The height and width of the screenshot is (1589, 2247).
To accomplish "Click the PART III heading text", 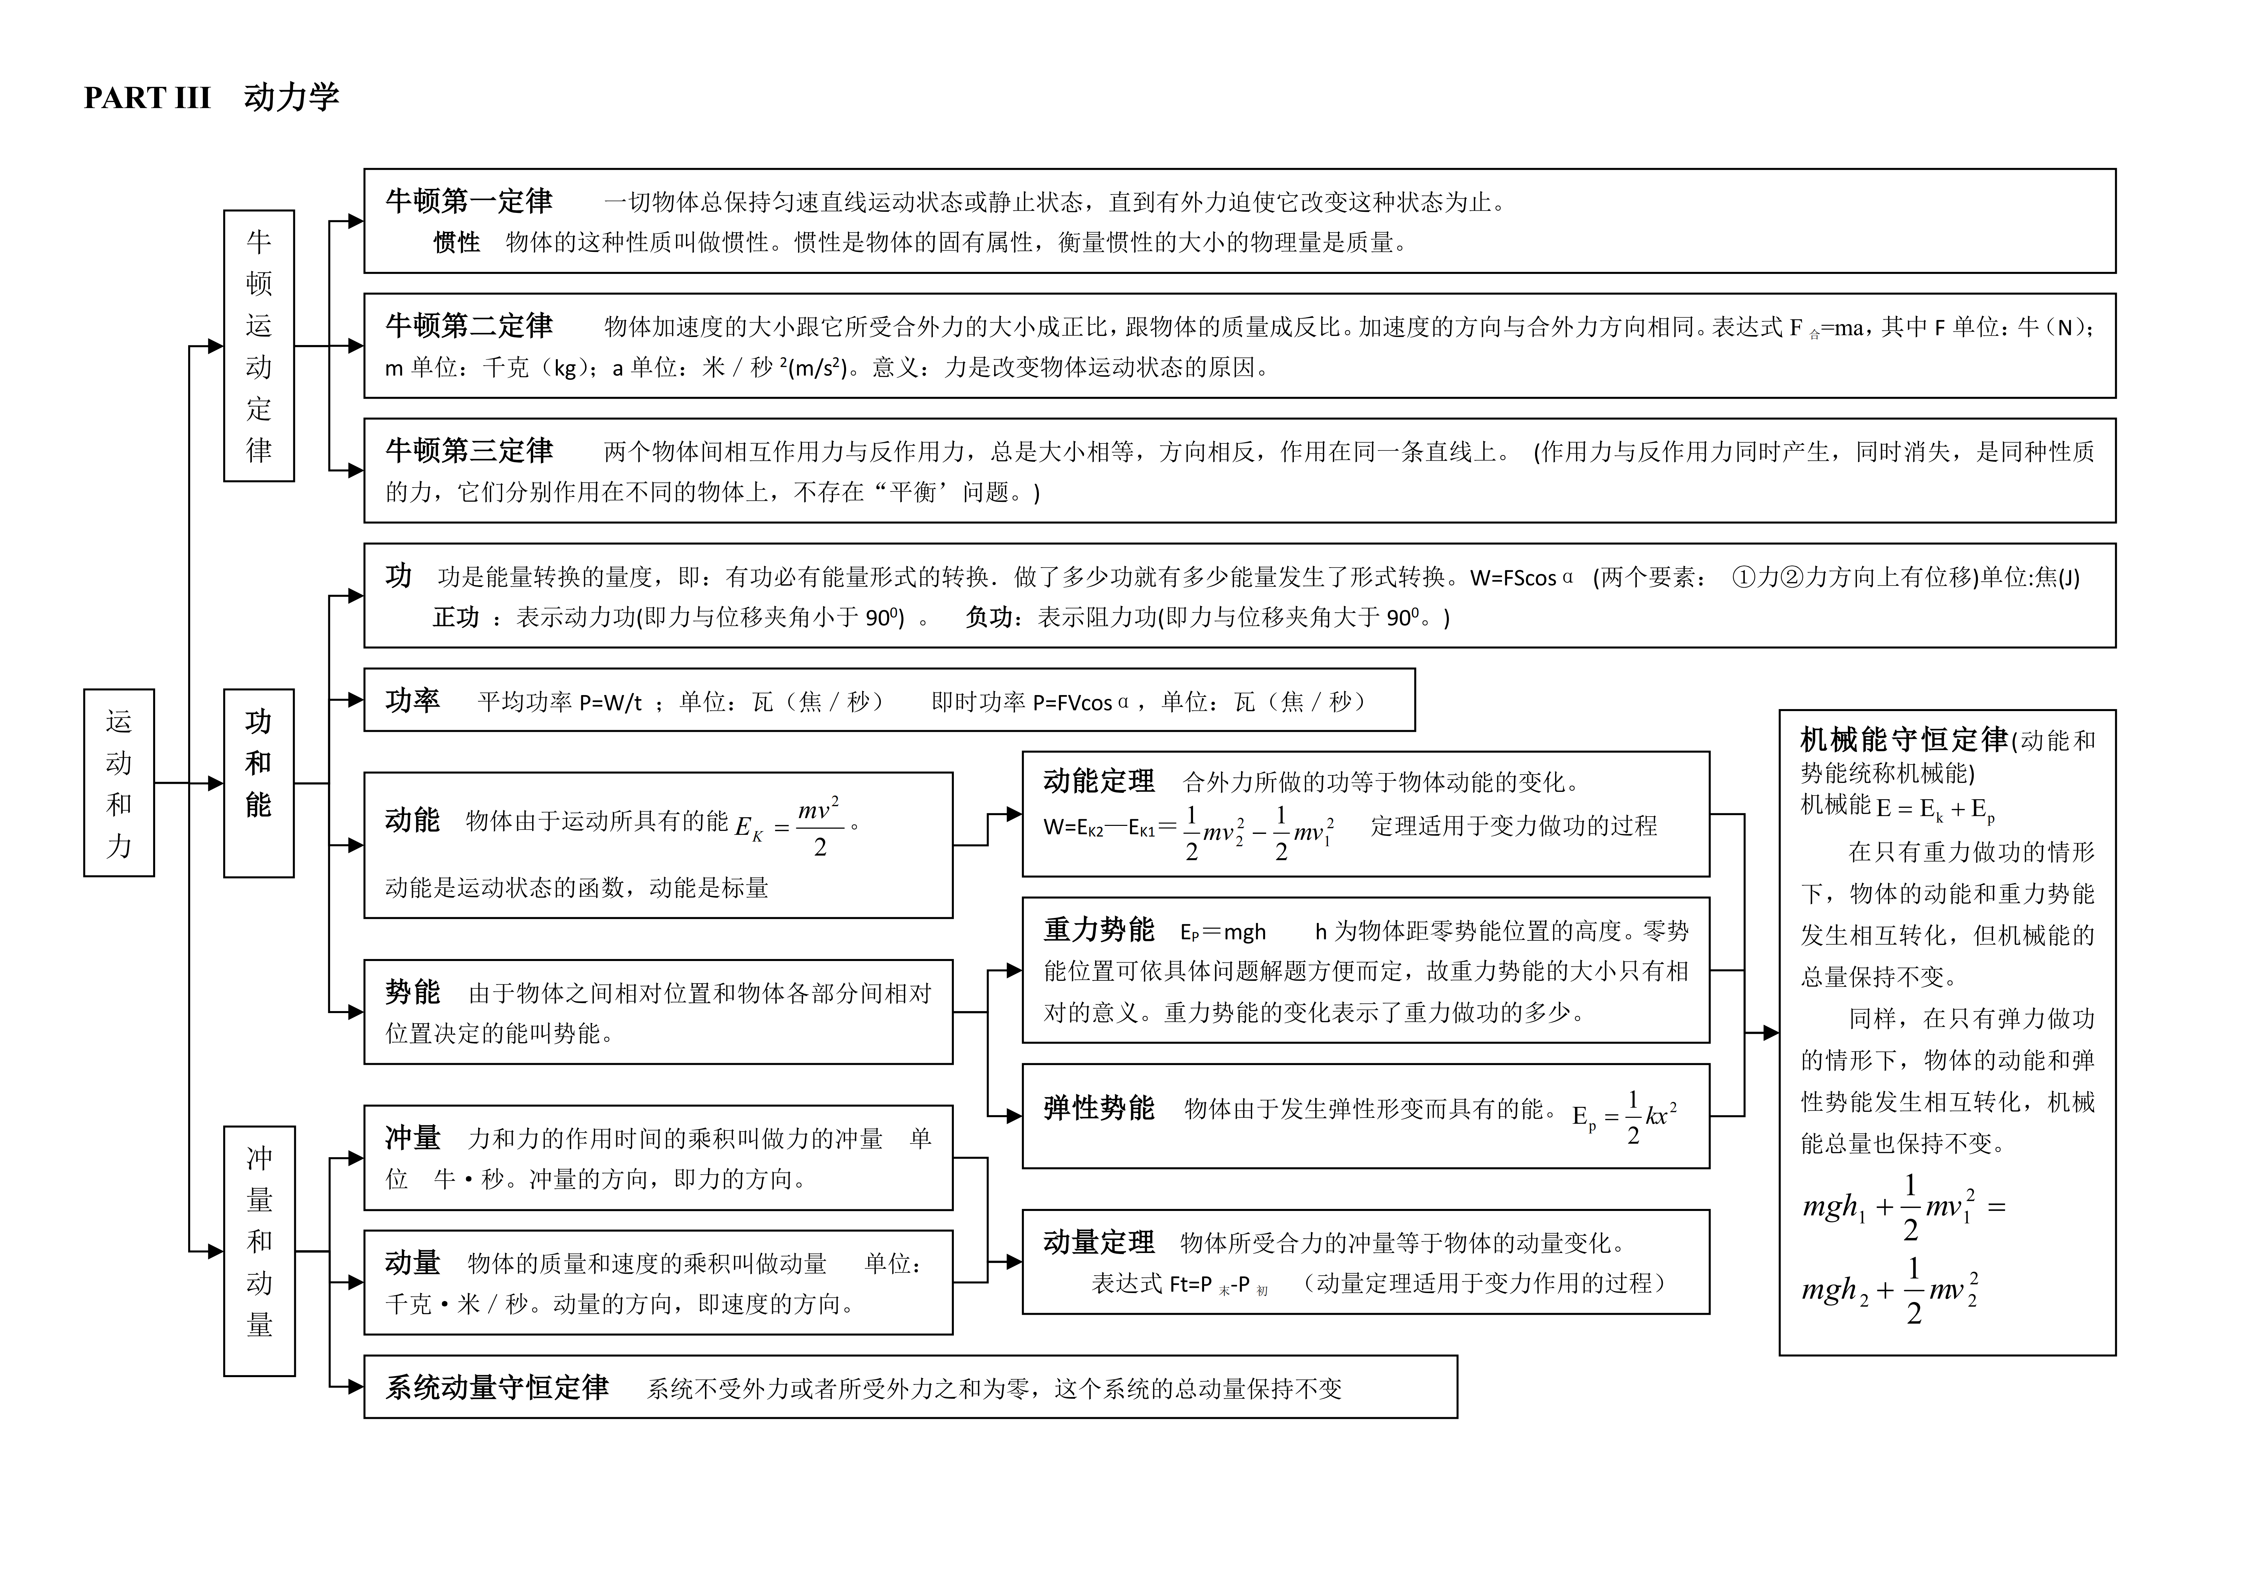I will point(147,98).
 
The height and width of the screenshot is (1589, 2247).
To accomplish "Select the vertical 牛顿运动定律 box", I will point(258,346).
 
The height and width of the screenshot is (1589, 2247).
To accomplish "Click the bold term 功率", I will point(412,701).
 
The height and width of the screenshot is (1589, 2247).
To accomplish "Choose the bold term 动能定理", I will point(1098,781).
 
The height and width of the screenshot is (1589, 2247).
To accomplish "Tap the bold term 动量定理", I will point(1098,1242).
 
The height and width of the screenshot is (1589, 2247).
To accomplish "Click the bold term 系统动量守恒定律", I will point(497,1387).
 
